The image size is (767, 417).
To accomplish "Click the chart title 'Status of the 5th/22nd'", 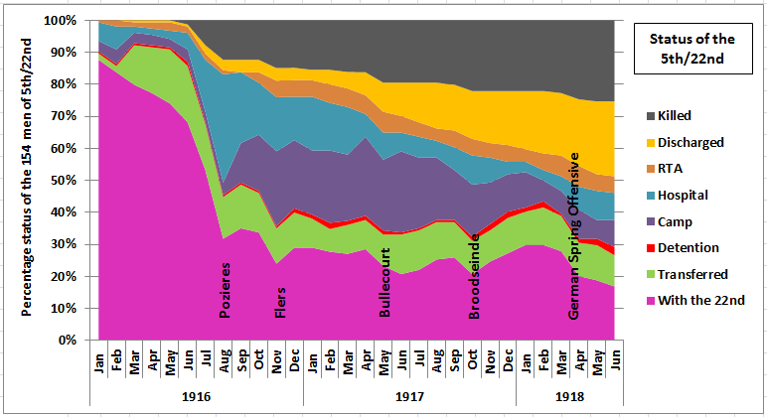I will tap(691, 48).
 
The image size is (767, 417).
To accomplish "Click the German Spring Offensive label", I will tap(573, 236).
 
